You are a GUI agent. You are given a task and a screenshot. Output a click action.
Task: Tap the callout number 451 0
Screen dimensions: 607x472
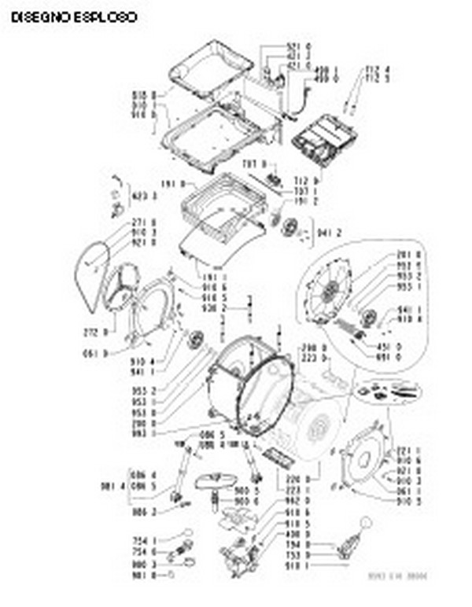pyautogui.click(x=389, y=346)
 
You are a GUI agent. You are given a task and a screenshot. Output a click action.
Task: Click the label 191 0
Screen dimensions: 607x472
pyautogui.click(x=171, y=184)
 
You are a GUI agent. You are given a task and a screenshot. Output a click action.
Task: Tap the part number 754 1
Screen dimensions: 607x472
pyautogui.click(x=147, y=540)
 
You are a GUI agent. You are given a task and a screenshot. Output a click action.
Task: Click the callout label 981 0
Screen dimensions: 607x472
pyautogui.click(x=147, y=574)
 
